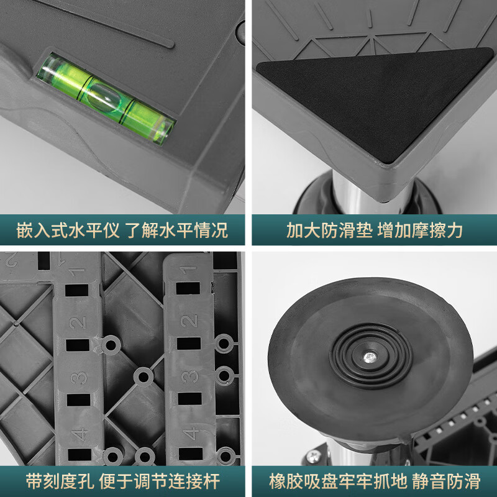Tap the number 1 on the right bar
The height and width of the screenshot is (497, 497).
(x=188, y=270)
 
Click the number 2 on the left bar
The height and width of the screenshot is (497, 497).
(x=78, y=322)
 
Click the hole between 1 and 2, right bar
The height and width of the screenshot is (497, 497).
(x=188, y=289)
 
